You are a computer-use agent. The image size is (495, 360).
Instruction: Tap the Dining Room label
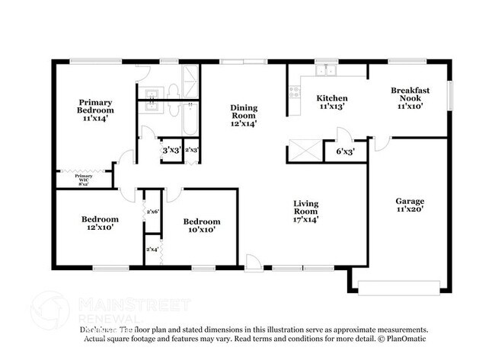tap(244, 115)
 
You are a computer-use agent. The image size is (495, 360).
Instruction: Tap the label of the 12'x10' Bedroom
tap(101, 223)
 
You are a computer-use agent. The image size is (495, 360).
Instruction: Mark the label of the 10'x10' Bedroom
tap(202, 225)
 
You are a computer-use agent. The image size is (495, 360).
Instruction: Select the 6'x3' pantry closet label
tap(346, 151)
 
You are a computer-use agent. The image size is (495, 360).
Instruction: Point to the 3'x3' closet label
tap(171, 151)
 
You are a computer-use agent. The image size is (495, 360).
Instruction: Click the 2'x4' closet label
tap(152, 249)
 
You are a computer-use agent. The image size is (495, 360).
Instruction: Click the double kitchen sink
tap(327, 72)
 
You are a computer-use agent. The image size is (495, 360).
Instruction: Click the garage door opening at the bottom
tap(399, 288)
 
